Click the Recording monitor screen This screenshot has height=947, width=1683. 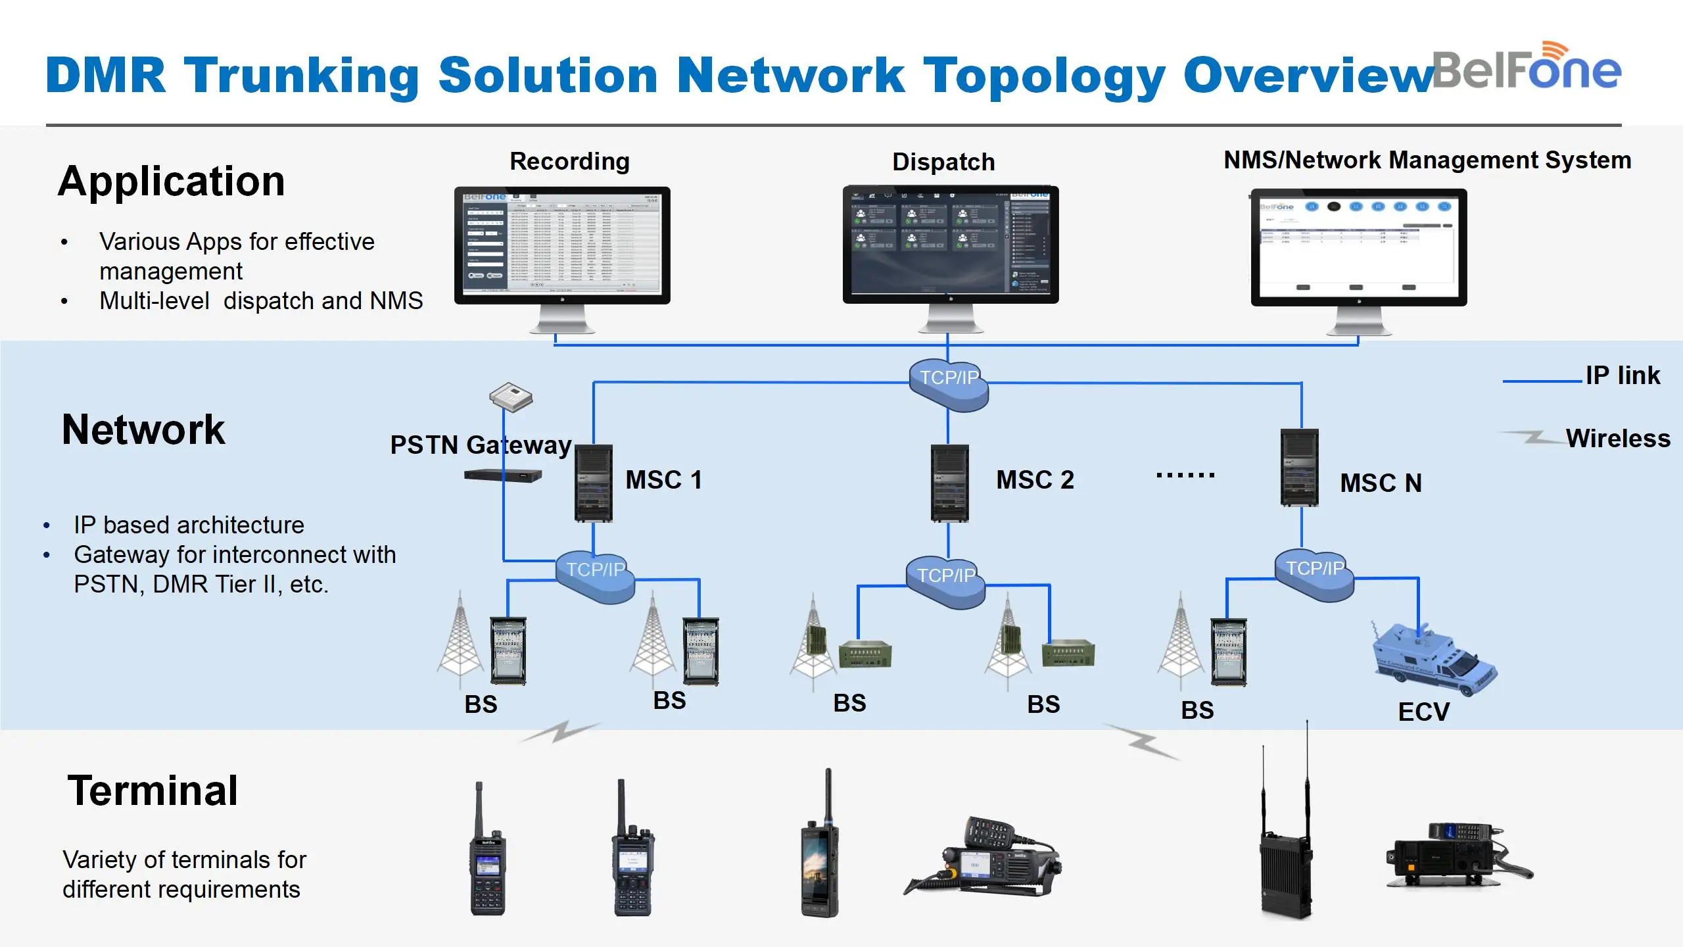[562, 244]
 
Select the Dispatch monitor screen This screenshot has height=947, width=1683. [951, 243]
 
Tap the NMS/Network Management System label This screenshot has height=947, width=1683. [1427, 160]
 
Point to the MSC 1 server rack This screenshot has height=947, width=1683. [594, 483]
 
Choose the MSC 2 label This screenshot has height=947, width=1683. [1035, 479]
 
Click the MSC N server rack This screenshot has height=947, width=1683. [1299, 468]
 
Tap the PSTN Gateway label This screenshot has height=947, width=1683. [481, 445]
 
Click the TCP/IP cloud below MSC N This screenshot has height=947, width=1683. [1315, 574]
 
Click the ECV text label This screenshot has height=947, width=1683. [1423, 712]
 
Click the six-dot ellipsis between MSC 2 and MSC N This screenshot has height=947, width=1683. [1185, 475]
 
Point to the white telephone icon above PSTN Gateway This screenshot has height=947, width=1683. [511, 397]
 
